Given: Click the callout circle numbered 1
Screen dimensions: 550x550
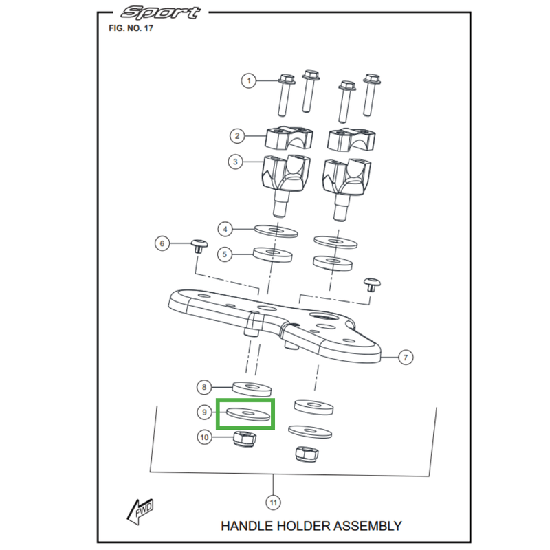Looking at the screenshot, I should tap(250, 81).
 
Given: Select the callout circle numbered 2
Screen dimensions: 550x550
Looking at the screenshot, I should tap(237, 136).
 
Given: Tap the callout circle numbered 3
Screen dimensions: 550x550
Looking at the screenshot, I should tap(236, 162).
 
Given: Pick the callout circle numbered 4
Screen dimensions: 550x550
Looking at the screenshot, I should tap(225, 228).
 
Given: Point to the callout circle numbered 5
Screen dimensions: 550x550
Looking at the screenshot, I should tap(224, 254).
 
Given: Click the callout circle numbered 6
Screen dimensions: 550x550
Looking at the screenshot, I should tap(162, 243).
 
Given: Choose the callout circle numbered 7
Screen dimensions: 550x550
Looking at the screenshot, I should tap(406, 357).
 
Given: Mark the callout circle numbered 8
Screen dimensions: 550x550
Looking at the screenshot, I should tap(203, 387).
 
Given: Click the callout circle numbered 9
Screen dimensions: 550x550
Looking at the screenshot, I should tap(203, 412).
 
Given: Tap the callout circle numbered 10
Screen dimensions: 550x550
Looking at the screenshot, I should tap(204, 437).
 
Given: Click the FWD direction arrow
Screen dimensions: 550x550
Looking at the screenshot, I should tap(140, 510).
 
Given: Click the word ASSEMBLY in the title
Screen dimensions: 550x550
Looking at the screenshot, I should tap(367, 526).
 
